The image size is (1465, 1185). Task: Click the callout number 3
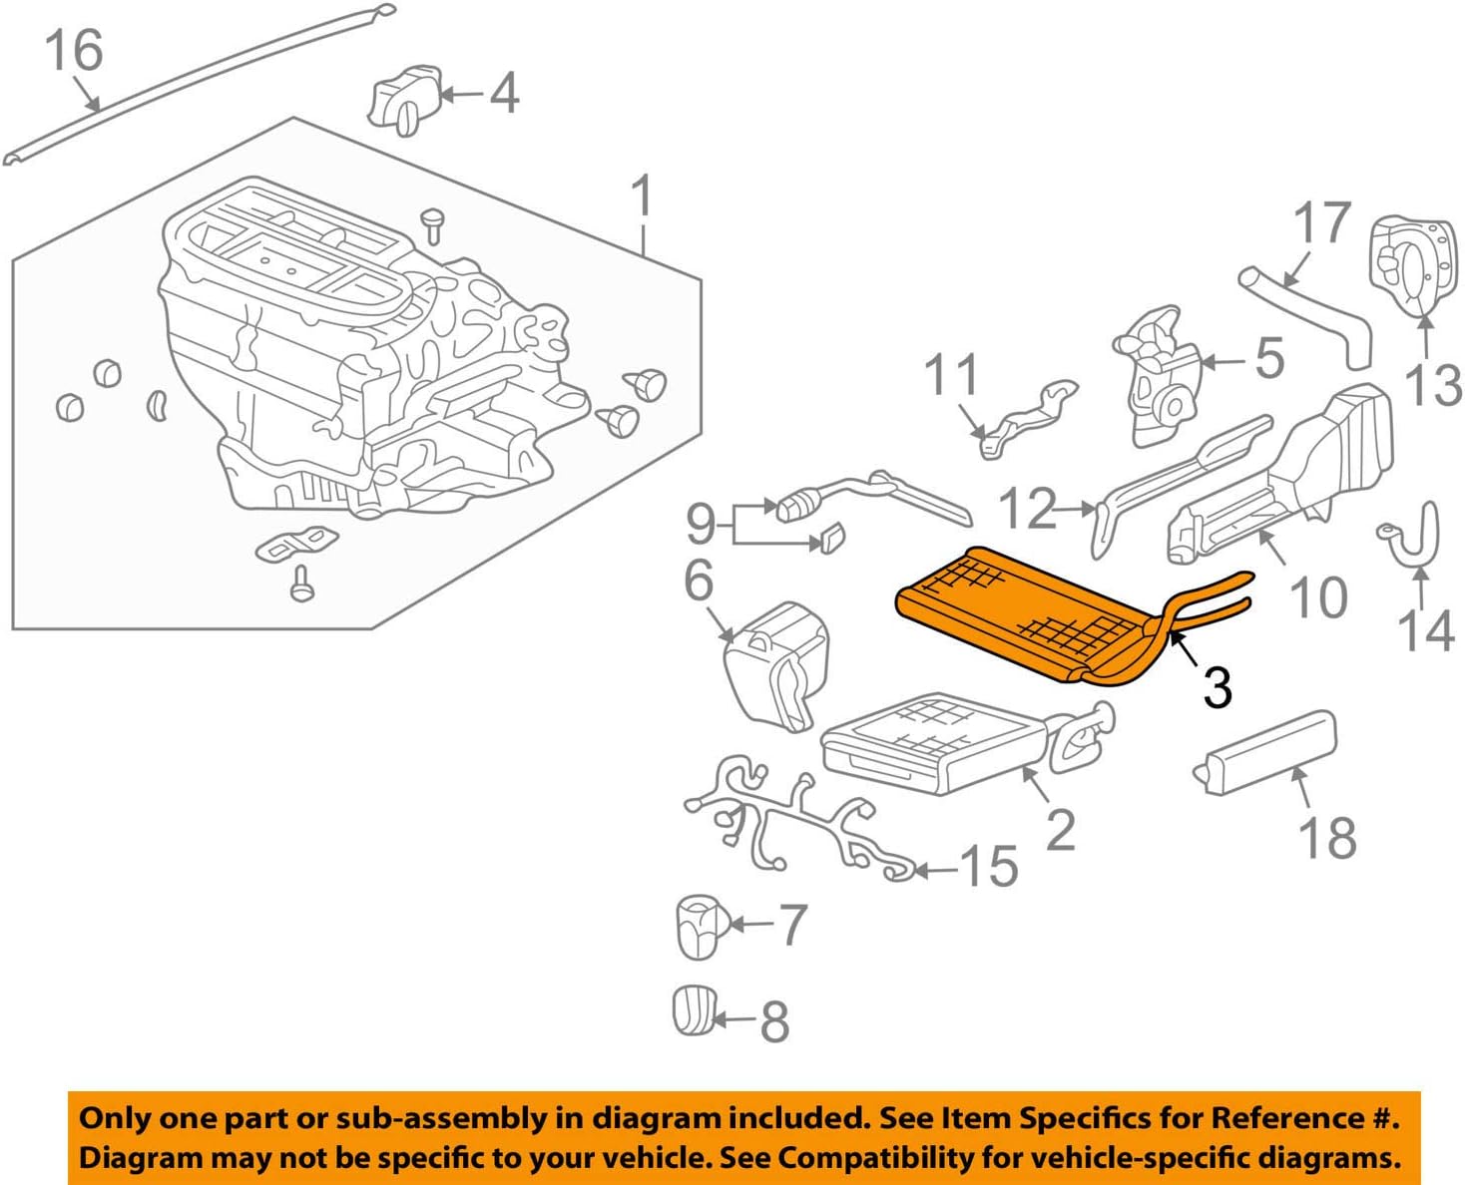(x=1217, y=687)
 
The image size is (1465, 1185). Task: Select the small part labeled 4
(x=404, y=99)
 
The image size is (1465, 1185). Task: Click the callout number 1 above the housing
(x=643, y=197)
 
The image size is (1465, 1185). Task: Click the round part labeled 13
(x=1408, y=265)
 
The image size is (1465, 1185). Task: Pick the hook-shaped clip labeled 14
(x=1416, y=538)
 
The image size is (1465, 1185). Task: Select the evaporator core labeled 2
(x=933, y=743)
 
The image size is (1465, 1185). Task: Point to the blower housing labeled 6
(x=776, y=663)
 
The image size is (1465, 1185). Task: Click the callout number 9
(x=701, y=523)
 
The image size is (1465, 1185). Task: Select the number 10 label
(x=1318, y=596)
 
